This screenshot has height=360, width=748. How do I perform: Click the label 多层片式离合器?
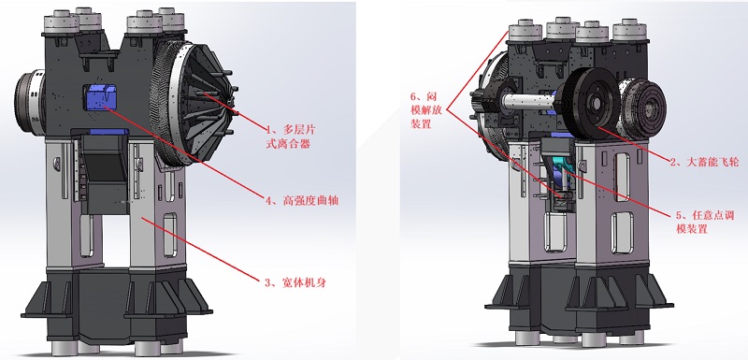290,137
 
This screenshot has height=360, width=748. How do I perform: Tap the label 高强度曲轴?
301,200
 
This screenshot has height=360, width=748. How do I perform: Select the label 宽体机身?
295,282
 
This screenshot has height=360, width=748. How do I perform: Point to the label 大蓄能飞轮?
704,162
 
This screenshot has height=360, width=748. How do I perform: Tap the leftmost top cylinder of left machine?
61,22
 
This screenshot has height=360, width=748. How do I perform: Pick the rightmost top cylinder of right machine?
629,30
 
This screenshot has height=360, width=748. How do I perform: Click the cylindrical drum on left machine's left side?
30,100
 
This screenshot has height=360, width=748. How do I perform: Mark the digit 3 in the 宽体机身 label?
267,282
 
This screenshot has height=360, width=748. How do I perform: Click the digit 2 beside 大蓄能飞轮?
673,163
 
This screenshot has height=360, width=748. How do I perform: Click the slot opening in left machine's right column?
170,234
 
